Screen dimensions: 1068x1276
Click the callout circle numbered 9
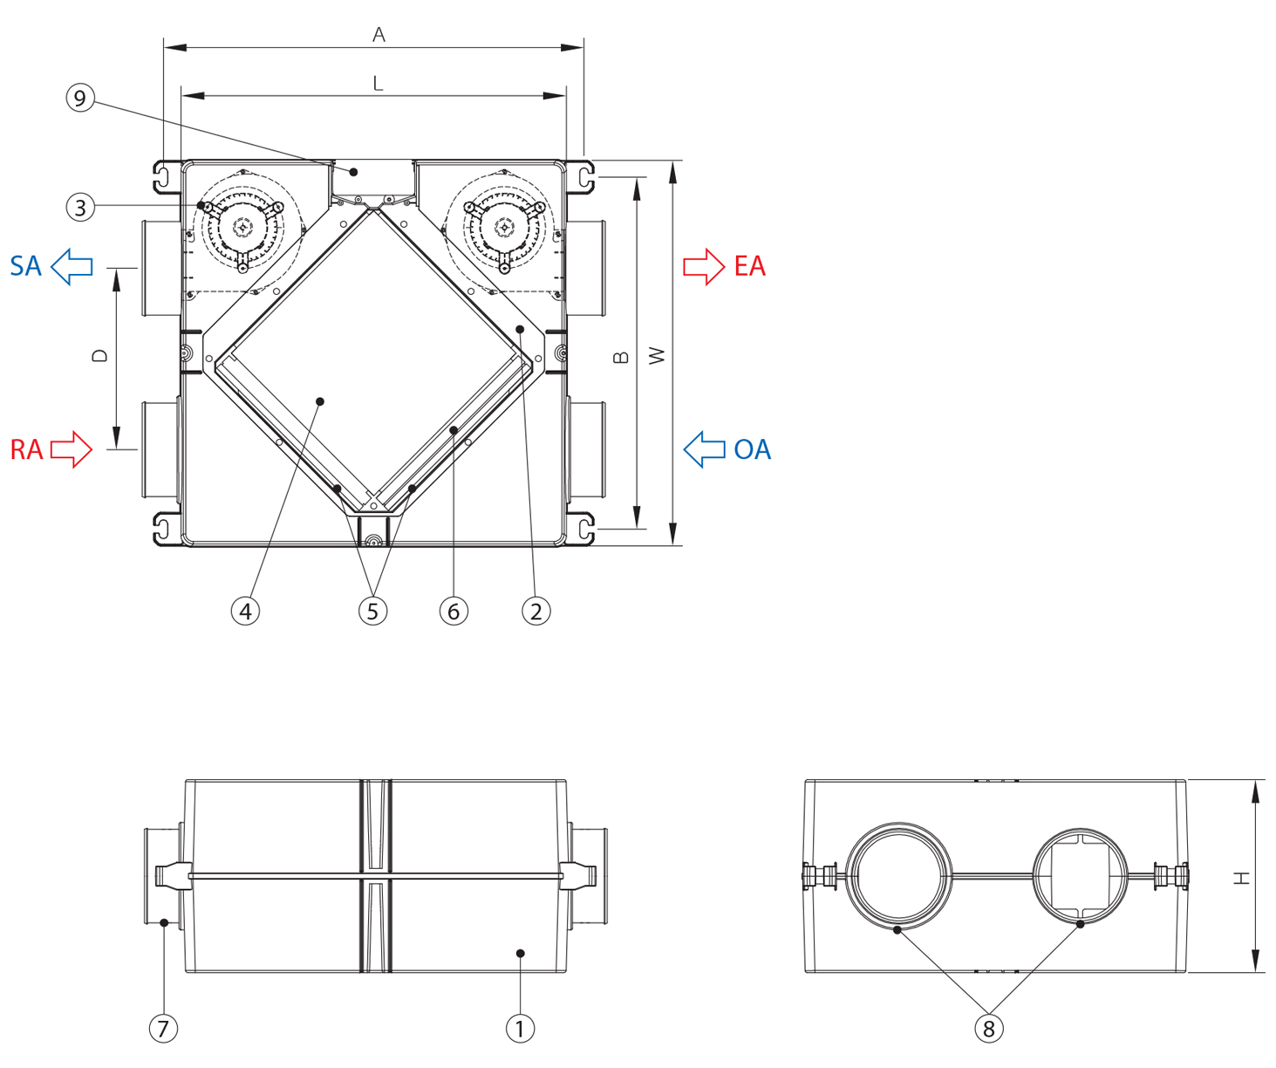pyautogui.click(x=80, y=98)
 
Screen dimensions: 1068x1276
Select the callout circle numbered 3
pyautogui.click(x=80, y=208)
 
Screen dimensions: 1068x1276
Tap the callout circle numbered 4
pyautogui.click(x=245, y=611)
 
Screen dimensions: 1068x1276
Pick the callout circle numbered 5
pyautogui.click(x=372, y=611)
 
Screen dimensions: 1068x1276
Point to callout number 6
pyautogui.click(x=454, y=611)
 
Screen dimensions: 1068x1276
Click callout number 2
pyautogui.click(x=536, y=611)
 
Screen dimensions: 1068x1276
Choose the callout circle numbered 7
pyautogui.click(x=163, y=1028)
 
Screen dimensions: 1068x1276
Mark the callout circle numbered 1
pyautogui.click(x=520, y=1028)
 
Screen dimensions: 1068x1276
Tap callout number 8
pyautogui.click(x=988, y=1028)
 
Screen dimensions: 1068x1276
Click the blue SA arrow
pyautogui.click(x=72, y=266)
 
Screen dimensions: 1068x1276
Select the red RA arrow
pyautogui.click(x=72, y=449)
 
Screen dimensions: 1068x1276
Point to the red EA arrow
pyautogui.click(x=703, y=266)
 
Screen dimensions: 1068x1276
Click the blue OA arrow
pyautogui.click(x=704, y=449)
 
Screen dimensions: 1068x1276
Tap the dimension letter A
pyautogui.click(x=379, y=35)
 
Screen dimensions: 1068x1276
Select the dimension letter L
pyautogui.click(x=378, y=84)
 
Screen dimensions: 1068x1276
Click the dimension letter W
pyautogui.click(x=658, y=356)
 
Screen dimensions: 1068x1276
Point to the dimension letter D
pyautogui.click(x=101, y=356)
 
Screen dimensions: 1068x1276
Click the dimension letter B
pyautogui.click(x=621, y=357)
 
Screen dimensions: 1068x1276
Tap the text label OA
pyautogui.click(x=752, y=449)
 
